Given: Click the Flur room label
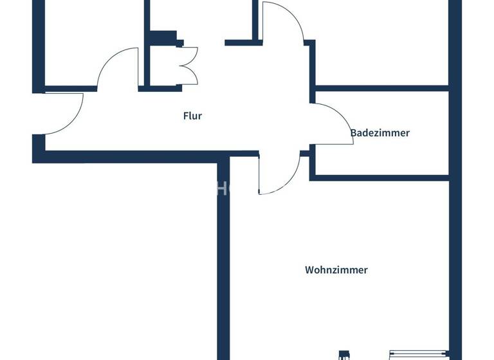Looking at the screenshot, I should point(192,116).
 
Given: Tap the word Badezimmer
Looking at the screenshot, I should point(380,133).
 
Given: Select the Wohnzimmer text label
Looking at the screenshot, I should point(336,270).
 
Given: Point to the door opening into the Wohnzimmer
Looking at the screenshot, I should point(278,174).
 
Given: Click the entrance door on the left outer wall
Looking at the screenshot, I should point(64,114).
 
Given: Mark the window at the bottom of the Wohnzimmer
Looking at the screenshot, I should point(418,353).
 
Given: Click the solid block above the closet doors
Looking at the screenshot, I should point(163,37).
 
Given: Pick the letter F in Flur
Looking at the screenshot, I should point(185,116).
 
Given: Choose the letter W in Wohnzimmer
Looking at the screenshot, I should point(309,270).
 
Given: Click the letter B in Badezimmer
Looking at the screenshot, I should point(353,133).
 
